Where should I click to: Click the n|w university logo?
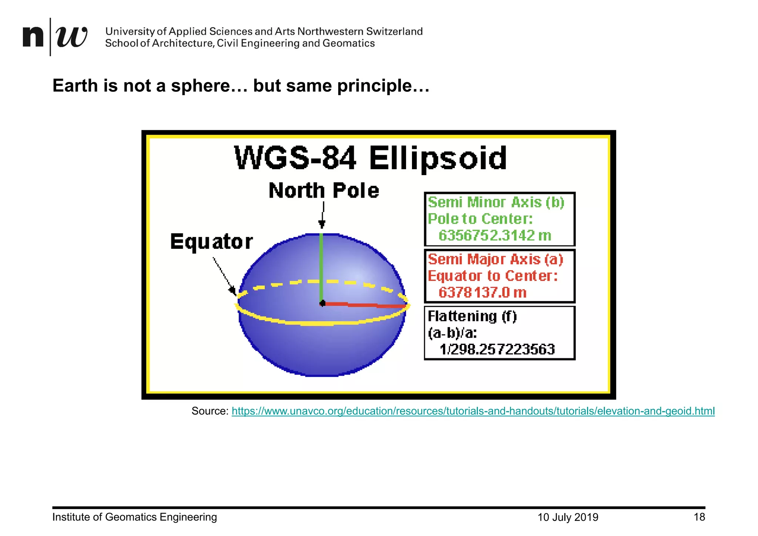[55, 37]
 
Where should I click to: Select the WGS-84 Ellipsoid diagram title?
[370, 158]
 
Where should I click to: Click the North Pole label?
[324, 191]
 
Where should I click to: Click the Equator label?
[211, 242]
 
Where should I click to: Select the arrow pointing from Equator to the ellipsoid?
[224, 276]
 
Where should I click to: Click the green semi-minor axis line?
[321, 267]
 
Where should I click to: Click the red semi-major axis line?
[365, 305]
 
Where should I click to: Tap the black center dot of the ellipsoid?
[322, 304]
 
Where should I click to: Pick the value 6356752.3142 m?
[494, 235]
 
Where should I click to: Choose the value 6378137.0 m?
[482, 292]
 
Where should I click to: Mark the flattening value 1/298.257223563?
[497, 349]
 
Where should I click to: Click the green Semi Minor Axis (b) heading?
[496, 202]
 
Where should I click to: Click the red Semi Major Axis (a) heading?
[495, 259]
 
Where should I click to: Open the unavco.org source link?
[473, 411]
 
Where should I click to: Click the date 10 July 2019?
[568, 517]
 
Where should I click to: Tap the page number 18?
[699, 517]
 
